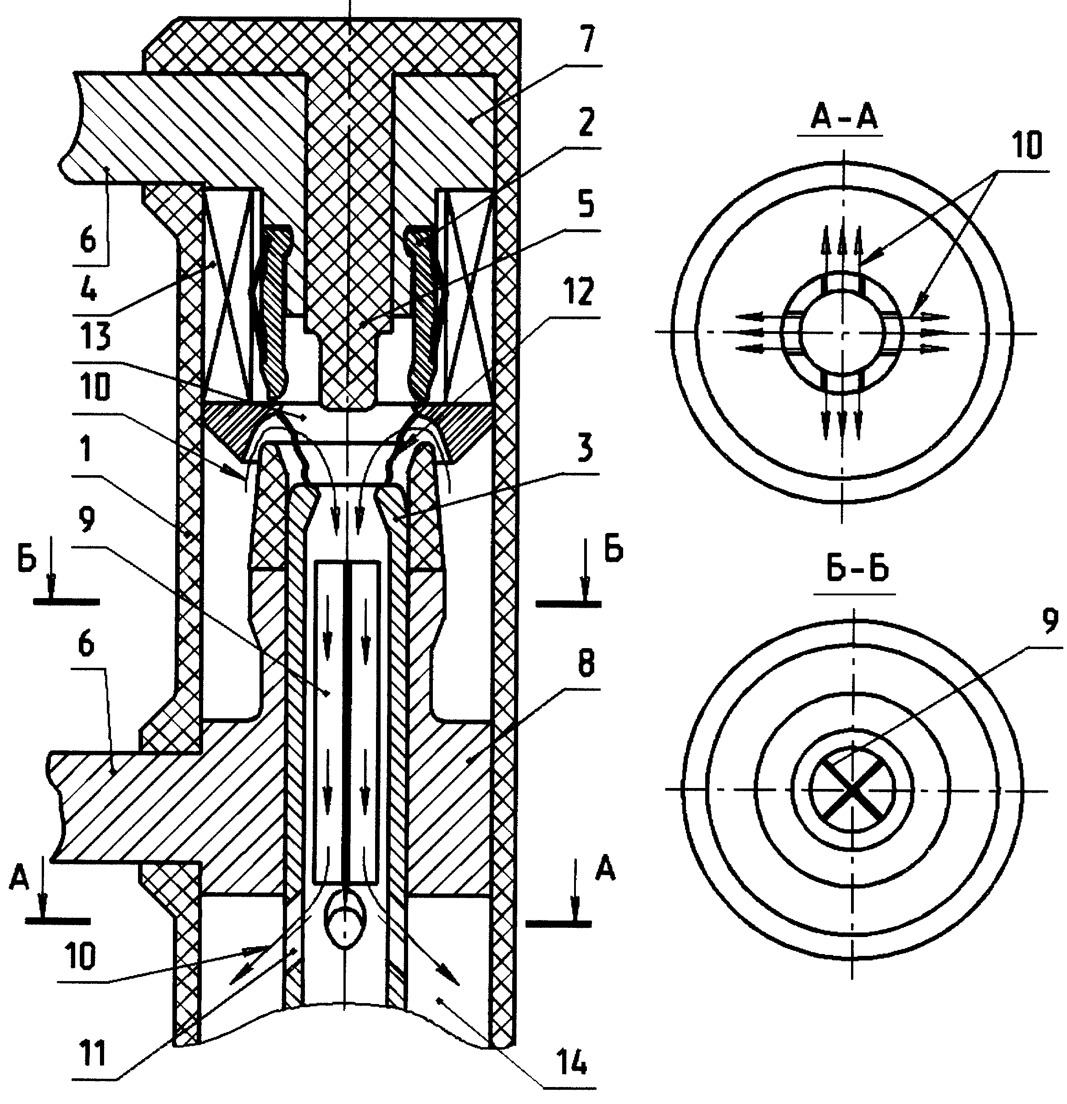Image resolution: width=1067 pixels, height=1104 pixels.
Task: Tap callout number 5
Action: [586, 207]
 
